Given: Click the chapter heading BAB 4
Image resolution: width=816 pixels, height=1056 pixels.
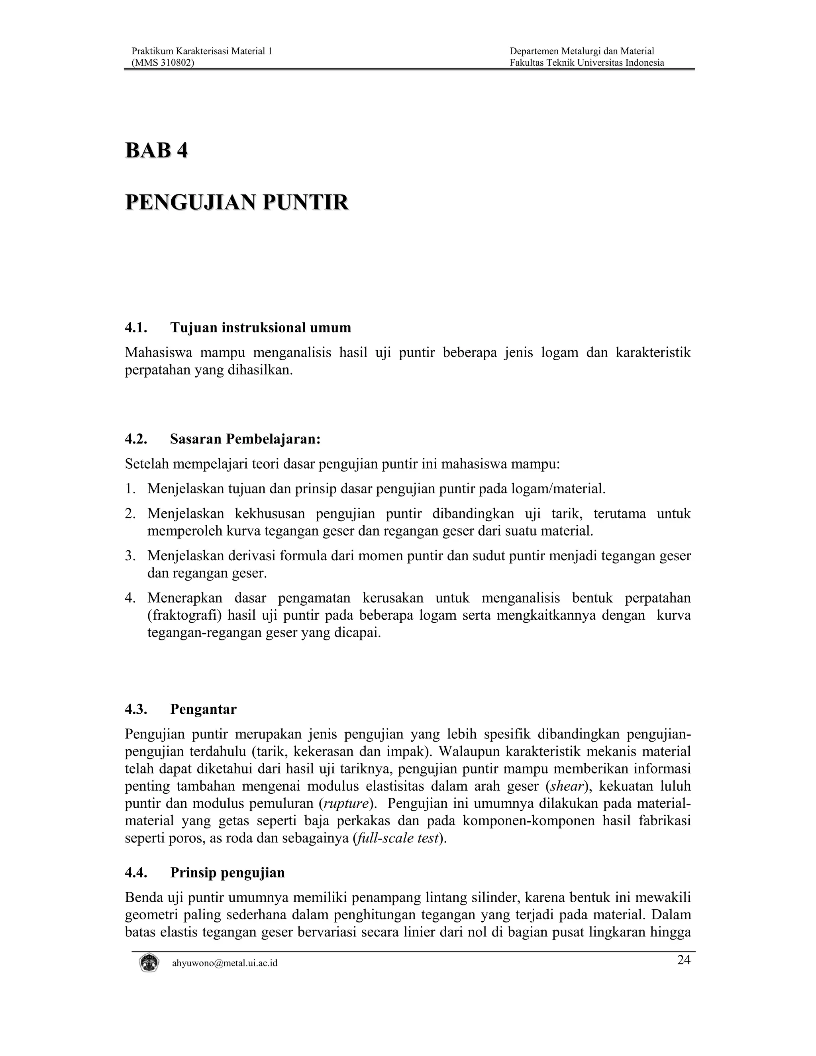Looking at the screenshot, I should [x=156, y=151].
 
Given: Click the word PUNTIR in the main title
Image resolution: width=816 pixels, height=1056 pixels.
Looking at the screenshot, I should [x=305, y=202].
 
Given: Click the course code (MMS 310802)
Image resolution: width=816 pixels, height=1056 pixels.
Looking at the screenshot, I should [x=163, y=63].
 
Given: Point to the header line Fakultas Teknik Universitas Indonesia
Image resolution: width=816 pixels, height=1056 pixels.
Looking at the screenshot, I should [x=586, y=63].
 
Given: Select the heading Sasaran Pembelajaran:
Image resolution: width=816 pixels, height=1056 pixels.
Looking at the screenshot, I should [x=245, y=439].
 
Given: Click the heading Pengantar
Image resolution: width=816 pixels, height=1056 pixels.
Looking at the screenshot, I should [x=203, y=709].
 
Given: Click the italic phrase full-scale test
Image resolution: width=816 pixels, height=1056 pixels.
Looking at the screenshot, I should [x=397, y=838].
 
